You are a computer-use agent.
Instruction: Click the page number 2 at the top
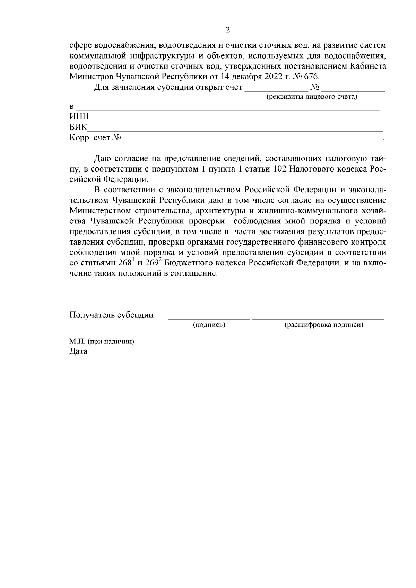pos(228,30)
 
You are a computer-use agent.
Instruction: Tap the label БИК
pos(78,127)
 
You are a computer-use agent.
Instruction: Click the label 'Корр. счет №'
pos(95,138)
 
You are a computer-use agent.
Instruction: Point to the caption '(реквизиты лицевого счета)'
pos(311,97)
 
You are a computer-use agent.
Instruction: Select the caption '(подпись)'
pos(209,325)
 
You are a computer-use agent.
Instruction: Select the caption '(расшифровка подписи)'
pos(324,325)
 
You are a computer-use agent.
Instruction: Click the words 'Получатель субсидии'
pos(111,315)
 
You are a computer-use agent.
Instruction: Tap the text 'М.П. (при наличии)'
pos(102,341)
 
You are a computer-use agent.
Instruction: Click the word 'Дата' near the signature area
pos(78,351)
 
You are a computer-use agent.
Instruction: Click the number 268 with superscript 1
pos(125,263)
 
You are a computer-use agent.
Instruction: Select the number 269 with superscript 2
pos(151,263)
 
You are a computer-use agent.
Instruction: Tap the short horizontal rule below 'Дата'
pos(228,386)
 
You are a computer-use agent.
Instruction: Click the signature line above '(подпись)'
pos(209,318)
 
